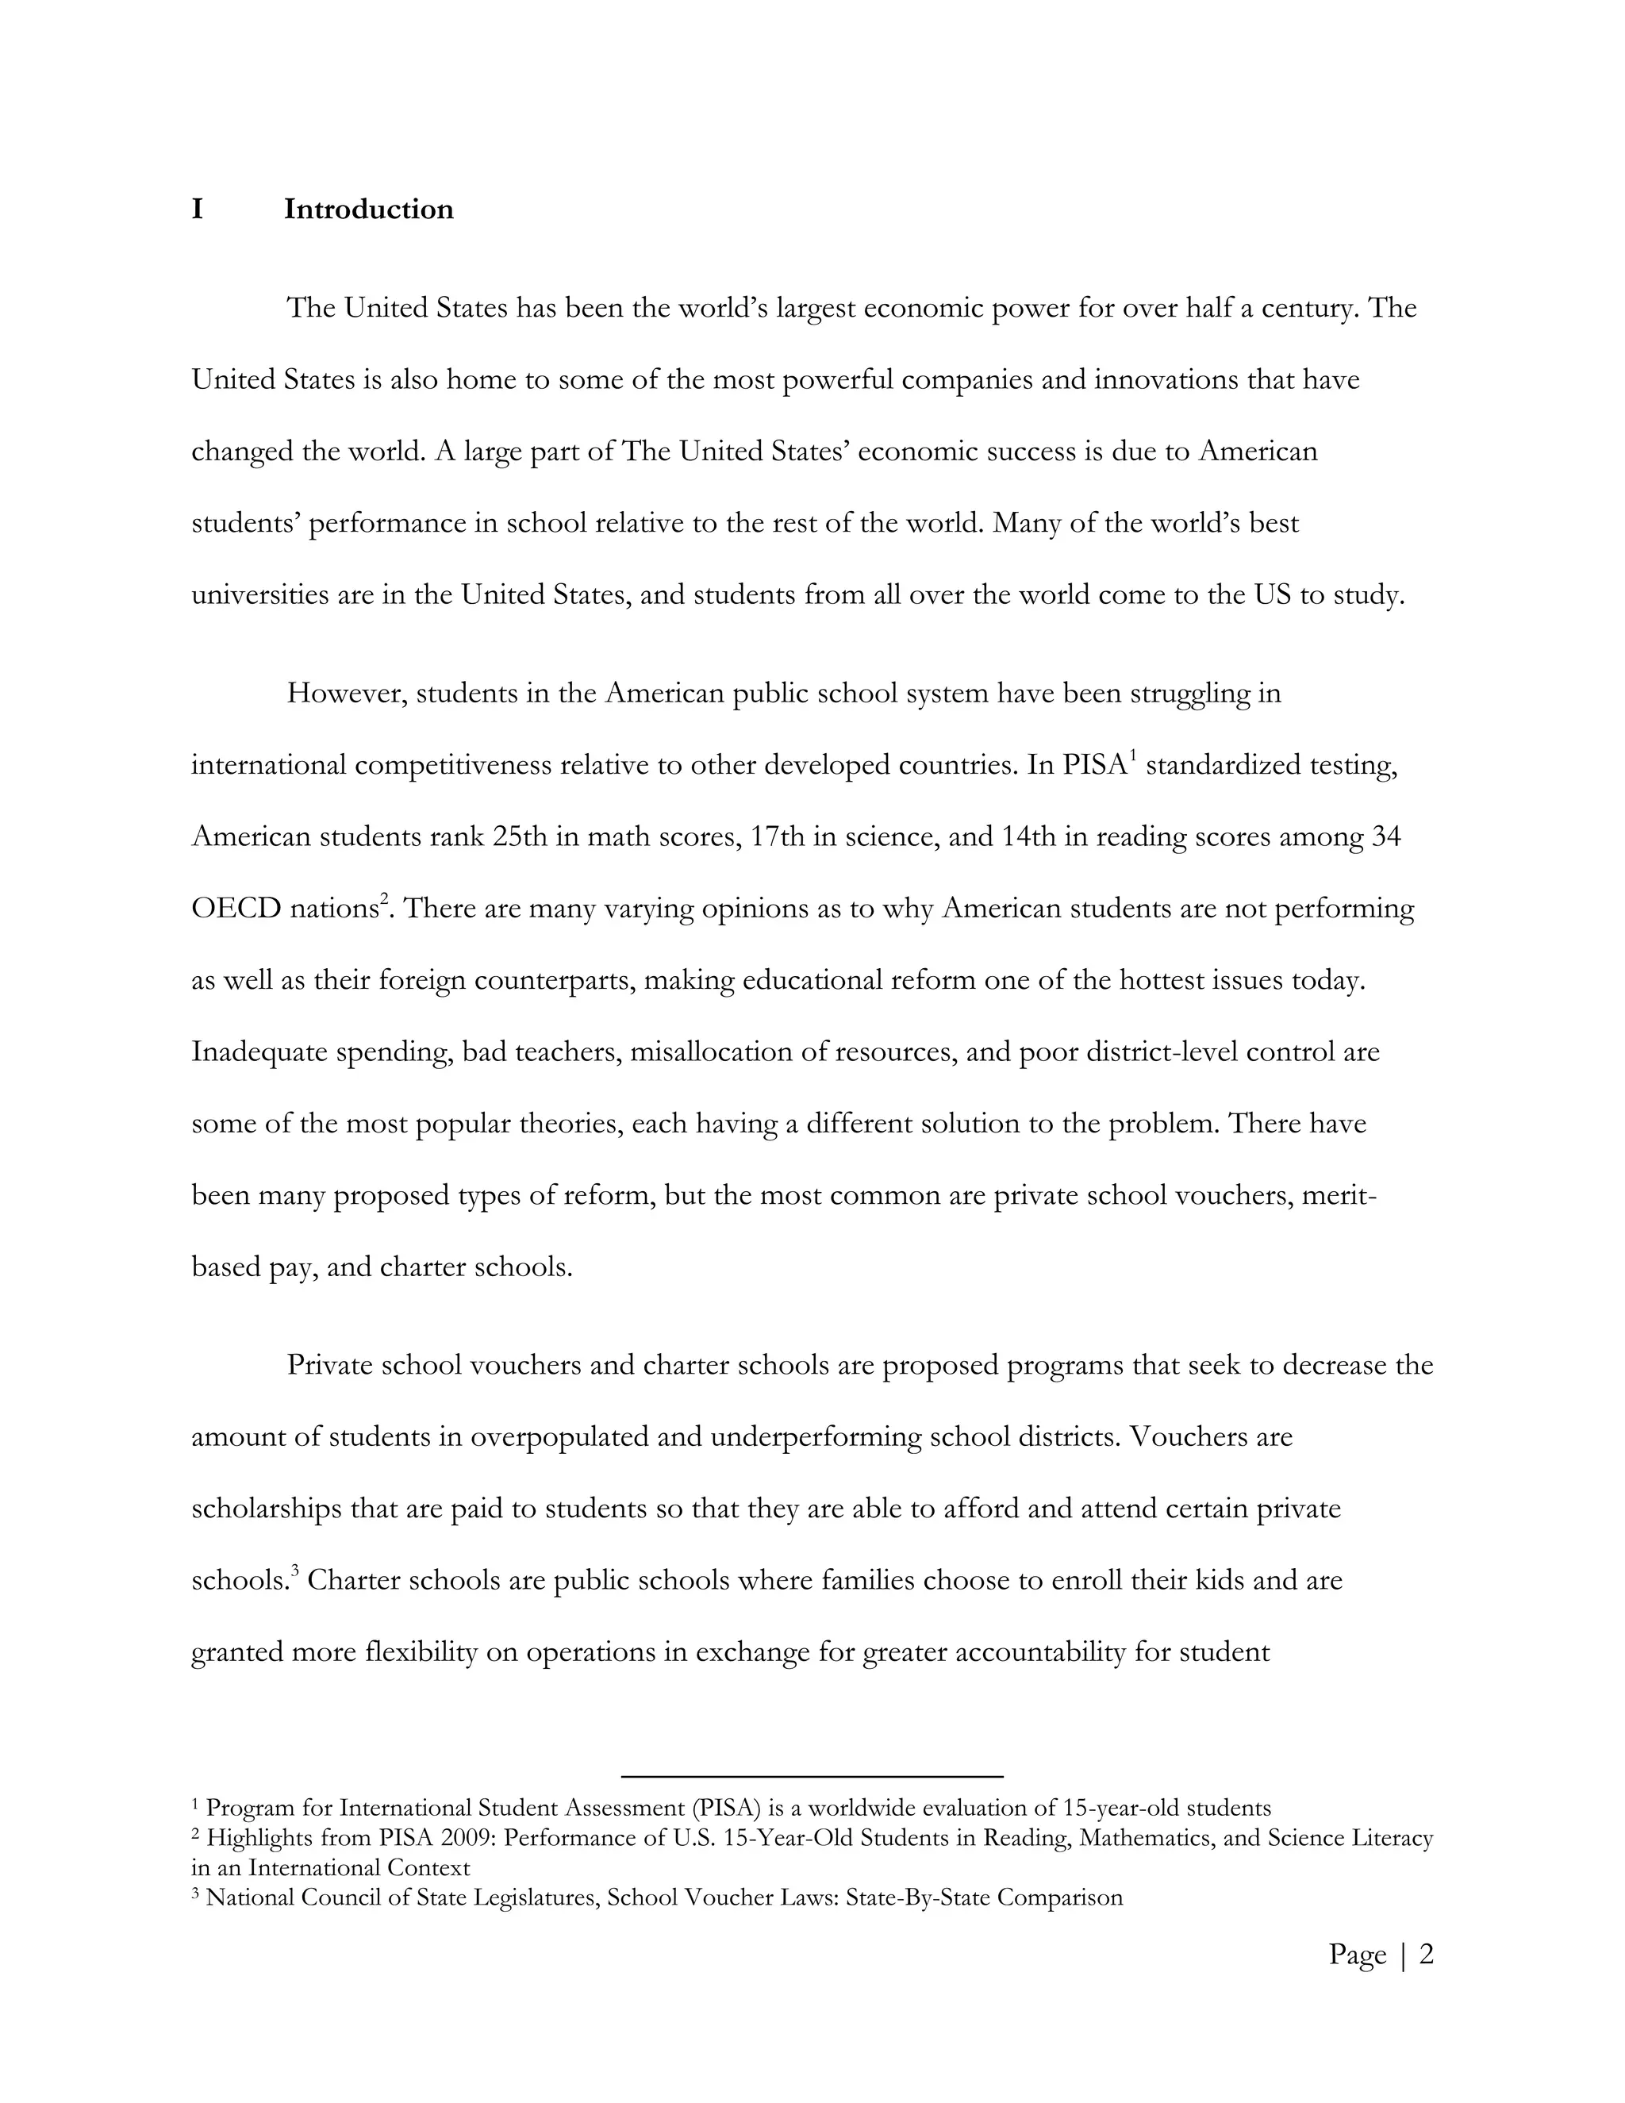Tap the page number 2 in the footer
(1427, 1954)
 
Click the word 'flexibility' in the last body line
(421, 1652)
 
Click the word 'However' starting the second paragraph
(343, 694)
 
